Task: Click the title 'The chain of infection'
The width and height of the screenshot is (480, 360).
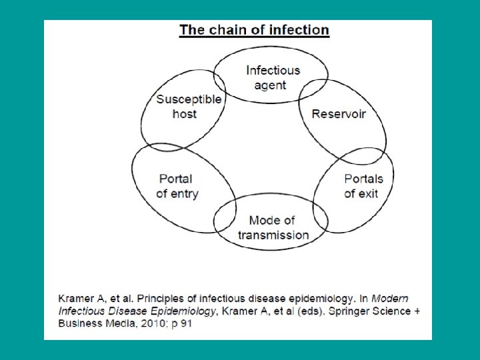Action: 254,30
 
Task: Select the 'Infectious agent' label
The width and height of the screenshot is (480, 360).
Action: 273,77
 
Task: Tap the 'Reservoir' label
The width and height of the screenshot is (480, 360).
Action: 339,114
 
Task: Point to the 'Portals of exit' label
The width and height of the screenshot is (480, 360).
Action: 363,186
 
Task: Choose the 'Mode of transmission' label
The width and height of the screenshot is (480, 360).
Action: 273,227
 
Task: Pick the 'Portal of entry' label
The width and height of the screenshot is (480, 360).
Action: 177,186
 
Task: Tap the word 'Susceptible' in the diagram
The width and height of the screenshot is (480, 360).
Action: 189,99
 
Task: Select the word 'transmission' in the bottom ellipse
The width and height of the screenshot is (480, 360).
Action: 273,235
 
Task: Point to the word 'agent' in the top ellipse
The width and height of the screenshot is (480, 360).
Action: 270,85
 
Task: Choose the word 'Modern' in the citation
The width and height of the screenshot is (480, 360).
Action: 390,298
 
